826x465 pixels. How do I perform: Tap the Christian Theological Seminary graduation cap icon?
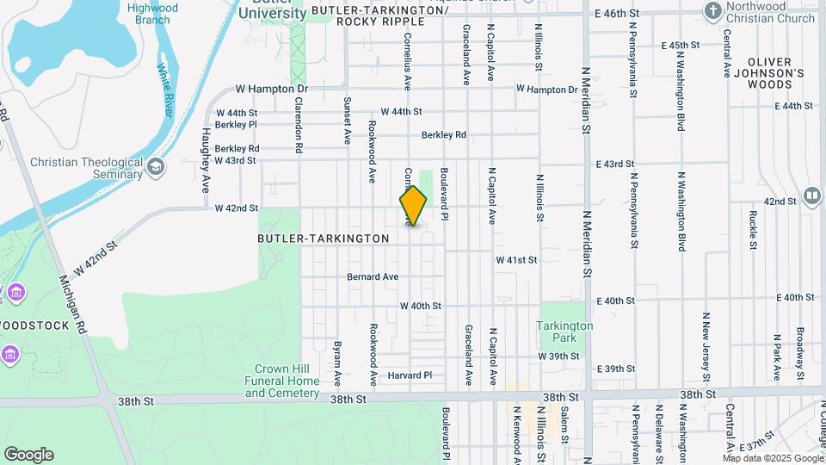tap(156, 166)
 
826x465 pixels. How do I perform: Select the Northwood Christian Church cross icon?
tap(712, 11)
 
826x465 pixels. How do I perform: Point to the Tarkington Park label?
tap(564, 332)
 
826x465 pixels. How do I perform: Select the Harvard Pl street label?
tap(408, 375)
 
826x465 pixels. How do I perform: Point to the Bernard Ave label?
tap(373, 277)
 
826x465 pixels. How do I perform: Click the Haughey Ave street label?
tap(206, 155)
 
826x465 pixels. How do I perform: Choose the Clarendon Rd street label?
tap(299, 125)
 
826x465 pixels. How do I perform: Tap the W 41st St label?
tap(516, 259)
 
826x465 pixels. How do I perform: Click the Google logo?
tap(28, 454)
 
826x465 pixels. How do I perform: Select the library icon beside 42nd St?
tap(811, 197)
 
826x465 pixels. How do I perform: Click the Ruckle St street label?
tap(753, 229)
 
